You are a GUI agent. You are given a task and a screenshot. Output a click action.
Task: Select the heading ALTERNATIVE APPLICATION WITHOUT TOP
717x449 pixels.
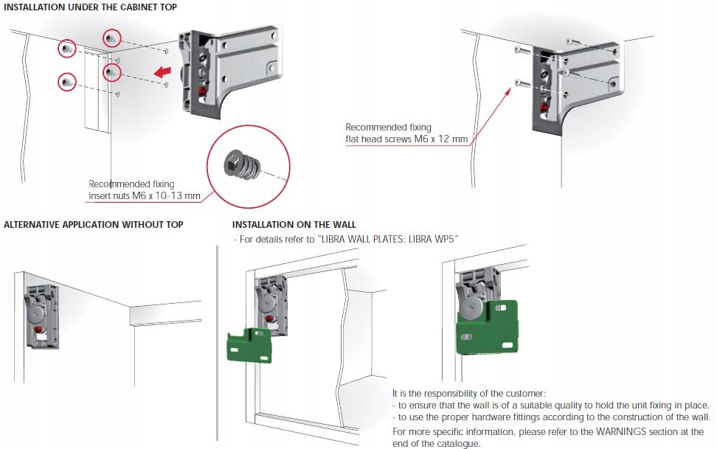tap(94, 224)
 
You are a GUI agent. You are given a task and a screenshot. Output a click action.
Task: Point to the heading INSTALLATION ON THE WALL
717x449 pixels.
tap(294, 224)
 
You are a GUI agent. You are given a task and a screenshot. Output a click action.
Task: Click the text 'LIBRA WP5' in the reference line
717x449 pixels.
tap(434, 240)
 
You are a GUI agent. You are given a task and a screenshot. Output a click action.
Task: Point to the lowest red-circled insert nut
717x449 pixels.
tap(67, 81)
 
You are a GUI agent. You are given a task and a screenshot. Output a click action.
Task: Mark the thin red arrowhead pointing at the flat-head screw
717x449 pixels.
tap(510, 91)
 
